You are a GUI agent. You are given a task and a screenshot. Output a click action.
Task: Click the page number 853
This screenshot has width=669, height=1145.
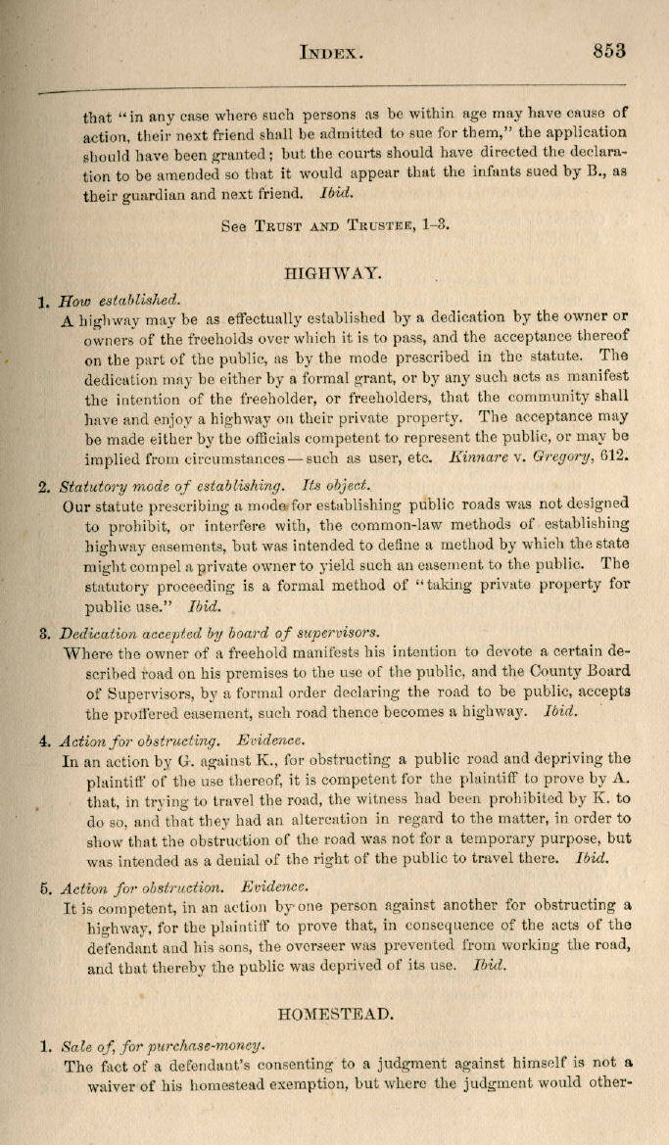pos(608,51)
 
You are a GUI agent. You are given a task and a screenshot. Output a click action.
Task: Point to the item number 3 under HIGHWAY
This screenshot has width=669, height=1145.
pos(45,632)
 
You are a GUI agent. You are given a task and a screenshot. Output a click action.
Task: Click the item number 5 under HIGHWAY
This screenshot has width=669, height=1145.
pos(45,889)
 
